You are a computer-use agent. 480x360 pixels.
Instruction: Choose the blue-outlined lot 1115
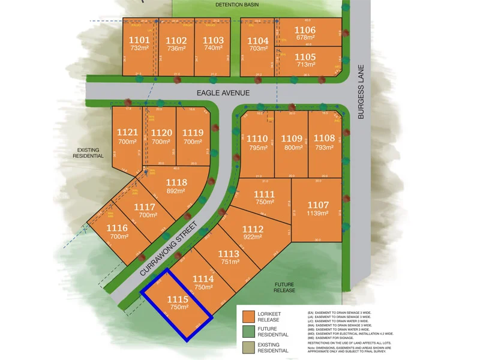[177, 304]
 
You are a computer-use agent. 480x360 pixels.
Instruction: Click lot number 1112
[253, 229]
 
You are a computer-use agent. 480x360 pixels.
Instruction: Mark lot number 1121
[127, 133]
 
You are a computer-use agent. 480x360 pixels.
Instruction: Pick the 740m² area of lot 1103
[213, 49]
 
